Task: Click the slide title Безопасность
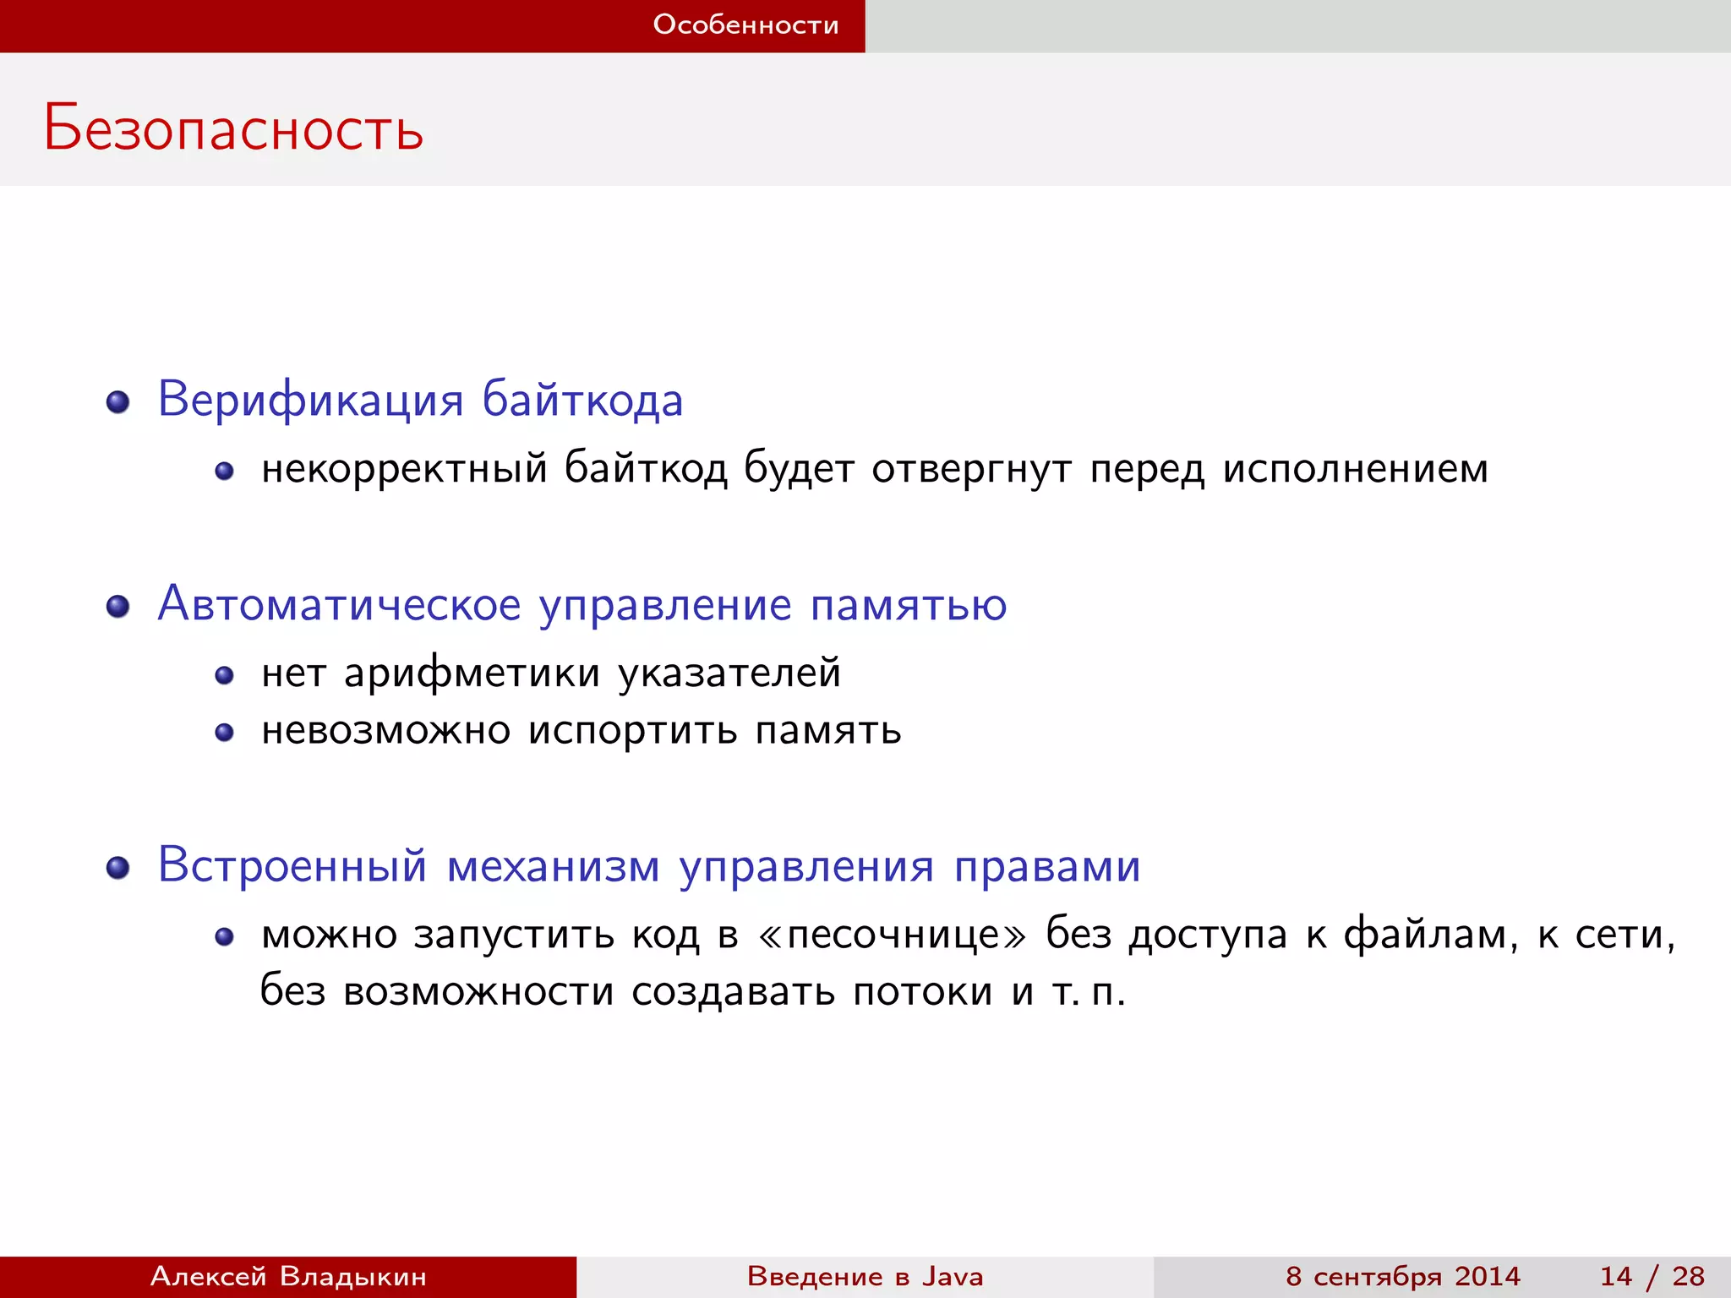click(233, 128)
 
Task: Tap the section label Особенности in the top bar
click(745, 25)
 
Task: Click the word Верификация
click(310, 399)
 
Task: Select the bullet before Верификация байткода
click(118, 402)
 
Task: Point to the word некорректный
click(404, 469)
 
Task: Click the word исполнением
click(1355, 469)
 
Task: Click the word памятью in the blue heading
click(909, 606)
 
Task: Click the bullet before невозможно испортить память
click(224, 733)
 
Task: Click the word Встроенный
click(292, 866)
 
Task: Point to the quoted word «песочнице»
click(893, 935)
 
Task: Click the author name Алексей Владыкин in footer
click(288, 1276)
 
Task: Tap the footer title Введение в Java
click(865, 1276)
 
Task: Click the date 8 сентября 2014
click(1402, 1276)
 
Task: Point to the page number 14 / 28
click(1652, 1276)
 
